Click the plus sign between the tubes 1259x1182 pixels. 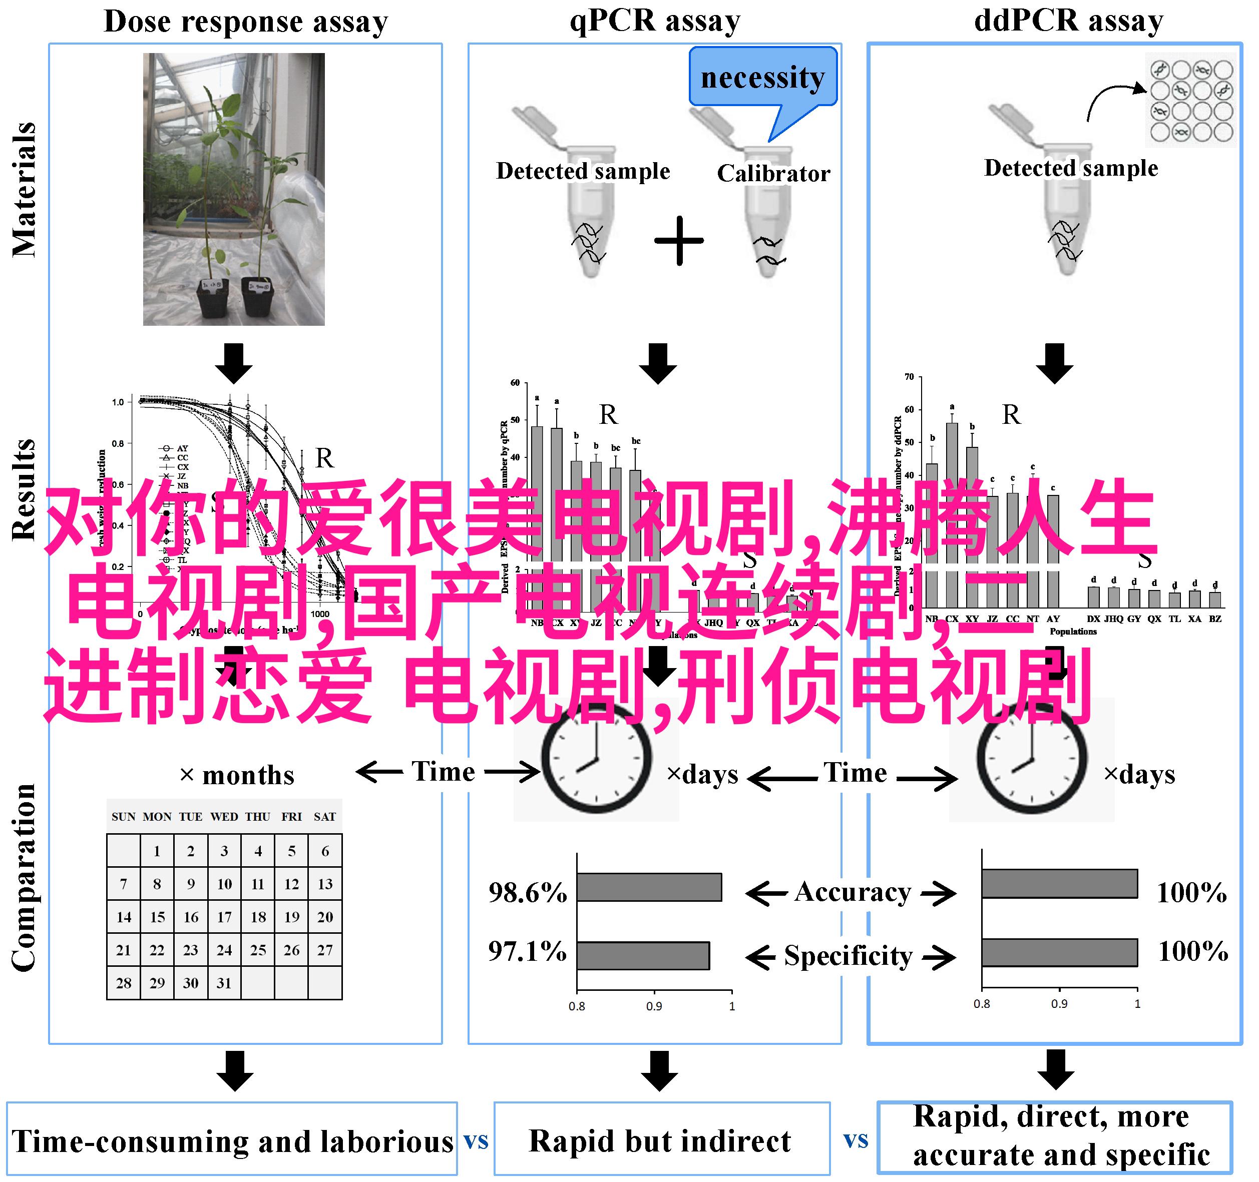pyautogui.click(x=679, y=241)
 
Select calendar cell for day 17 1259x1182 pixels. pyautogui.click(x=224, y=917)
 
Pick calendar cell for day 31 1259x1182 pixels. pyautogui.click(x=224, y=982)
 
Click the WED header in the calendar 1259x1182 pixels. pyautogui.click(x=224, y=817)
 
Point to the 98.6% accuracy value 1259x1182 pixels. pyautogui.click(x=528, y=893)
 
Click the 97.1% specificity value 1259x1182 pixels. pyautogui.click(x=527, y=951)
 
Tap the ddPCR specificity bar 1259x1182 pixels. pyautogui.click(x=1059, y=952)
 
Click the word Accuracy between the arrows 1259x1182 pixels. pyautogui.click(x=853, y=892)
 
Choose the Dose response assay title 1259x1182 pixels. pyautogui.click(x=246, y=22)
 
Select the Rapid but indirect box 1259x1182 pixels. pyautogui.click(x=661, y=1141)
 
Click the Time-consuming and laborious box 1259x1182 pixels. pyautogui.click(x=232, y=1141)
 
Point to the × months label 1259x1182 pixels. pyautogui.click(x=237, y=775)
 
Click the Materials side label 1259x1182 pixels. pyautogui.click(x=24, y=190)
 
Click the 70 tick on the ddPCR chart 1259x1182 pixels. pyautogui.click(x=910, y=377)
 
